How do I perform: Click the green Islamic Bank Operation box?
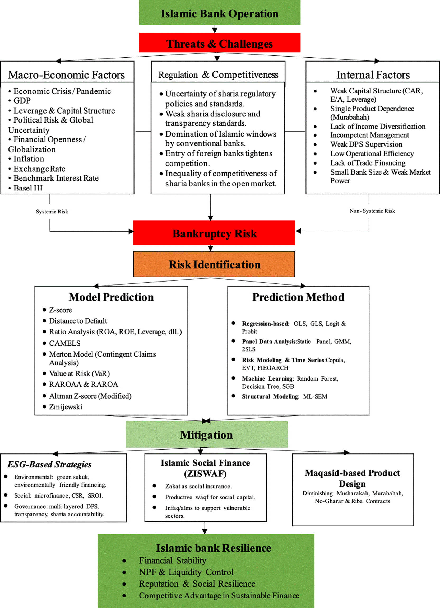pos(219,13)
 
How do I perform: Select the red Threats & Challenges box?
pos(219,43)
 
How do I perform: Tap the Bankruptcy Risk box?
pos(214,233)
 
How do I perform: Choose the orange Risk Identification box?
pos(214,264)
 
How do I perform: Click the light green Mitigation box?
pos(207,434)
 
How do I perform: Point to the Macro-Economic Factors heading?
pos(66,75)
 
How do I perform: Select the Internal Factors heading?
pos(373,75)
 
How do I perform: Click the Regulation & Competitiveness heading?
pos(218,75)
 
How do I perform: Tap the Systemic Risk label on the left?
pos(52,212)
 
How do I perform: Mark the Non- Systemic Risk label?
pos(372,211)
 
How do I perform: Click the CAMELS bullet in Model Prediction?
pos(65,343)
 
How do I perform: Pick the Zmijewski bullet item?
pos(66,407)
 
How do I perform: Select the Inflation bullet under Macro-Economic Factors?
pos(29,159)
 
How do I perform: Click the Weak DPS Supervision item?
pos(366,144)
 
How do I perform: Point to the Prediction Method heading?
pos(298,297)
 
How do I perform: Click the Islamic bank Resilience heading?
pos(214,548)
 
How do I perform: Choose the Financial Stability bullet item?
pos(173,560)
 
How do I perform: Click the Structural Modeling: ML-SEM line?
pos(284,396)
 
